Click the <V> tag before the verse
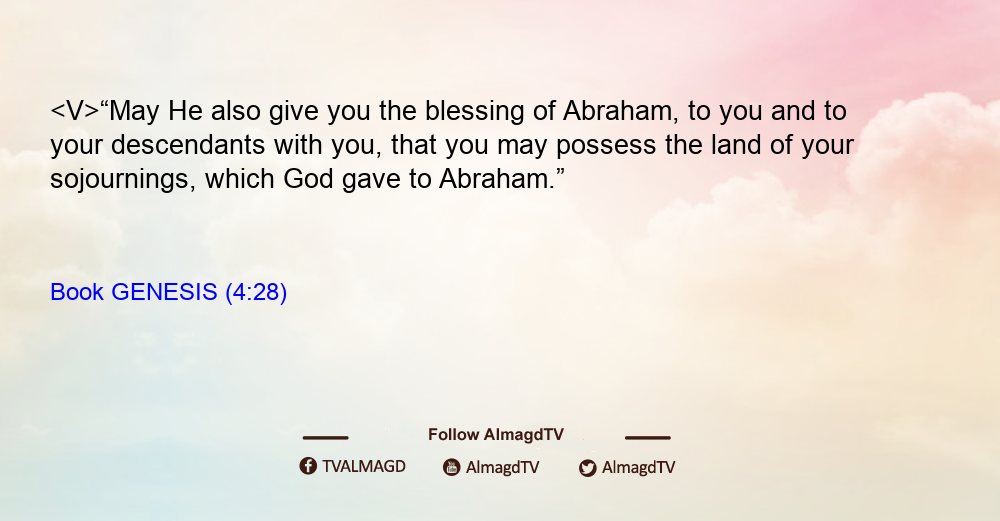(x=75, y=111)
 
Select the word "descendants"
(x=188, y=145)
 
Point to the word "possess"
(x=606, y=146)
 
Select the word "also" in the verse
(x=235, y=111)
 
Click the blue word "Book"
(x=77, y=292)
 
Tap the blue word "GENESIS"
(x=164, y=292)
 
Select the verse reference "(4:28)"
(x=256, y=292)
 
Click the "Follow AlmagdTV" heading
(x=496, y=435)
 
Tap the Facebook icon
(x=308, y=466)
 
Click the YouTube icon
(x=452, y=467)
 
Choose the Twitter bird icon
(x=587, y=468)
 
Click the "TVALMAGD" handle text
(x=364, y=467)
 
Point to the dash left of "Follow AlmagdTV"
(x=325, y=438)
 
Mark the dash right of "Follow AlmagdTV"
(x=648, y=438)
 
